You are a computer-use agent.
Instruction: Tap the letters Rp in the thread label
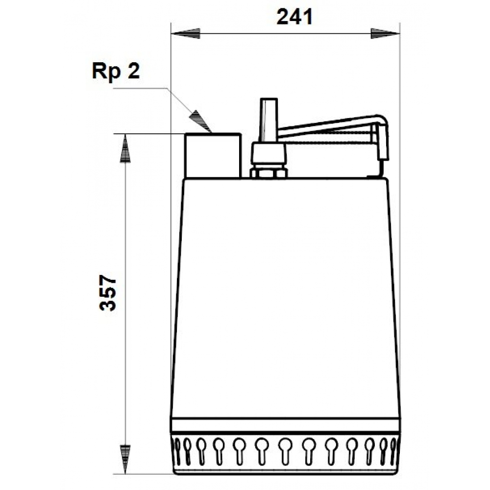(105, 72)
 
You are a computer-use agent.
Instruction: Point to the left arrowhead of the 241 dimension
(186, 34)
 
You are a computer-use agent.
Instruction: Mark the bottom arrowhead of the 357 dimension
(125, 458)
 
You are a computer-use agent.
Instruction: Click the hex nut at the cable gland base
(268, 173)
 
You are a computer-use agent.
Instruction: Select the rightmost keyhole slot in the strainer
(392, 447)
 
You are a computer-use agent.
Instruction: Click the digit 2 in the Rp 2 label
(133, 72)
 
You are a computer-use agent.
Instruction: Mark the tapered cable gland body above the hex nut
(268, 154)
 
